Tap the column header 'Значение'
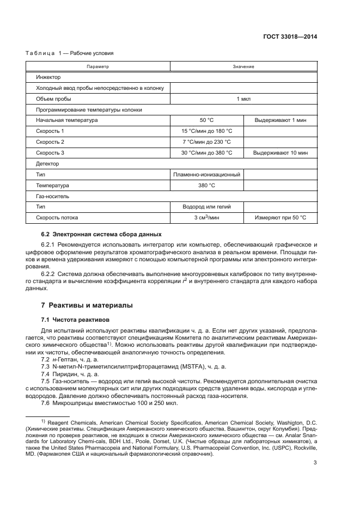(x=243, y=66)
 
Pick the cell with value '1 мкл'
(x=243, y=99)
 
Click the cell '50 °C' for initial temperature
(x=206, y=120)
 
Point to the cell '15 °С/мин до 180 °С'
(x=206, y=131)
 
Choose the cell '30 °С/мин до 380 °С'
(x=206, y=153)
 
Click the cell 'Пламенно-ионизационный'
(x=206, y=175)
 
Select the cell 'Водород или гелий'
(x=206, y=207)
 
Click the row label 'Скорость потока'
(x=57, y=218)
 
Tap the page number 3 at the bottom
(x=315, y=463)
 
